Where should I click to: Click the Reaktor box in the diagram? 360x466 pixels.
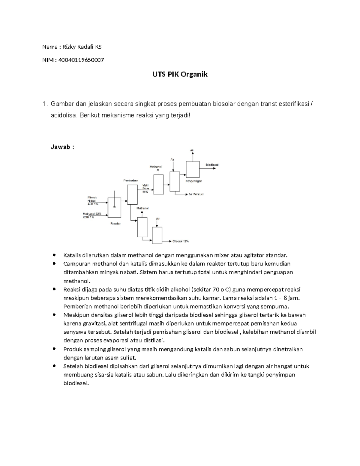pyautogui.click(x=114, y=207)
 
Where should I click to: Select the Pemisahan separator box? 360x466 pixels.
pyautogui.click(x=132, y=194)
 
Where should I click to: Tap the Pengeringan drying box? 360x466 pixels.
pyautogui.click(x=193, y=169)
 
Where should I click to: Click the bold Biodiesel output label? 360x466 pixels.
pyautogui.click(x=212, y=165)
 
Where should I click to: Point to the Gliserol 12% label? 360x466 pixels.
pyautogui.click(x=181, y=241)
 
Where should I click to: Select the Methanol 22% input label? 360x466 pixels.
pyautogui.click(x=92, y=214)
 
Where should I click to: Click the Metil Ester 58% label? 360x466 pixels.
pyautogui.click(x=145, y=189)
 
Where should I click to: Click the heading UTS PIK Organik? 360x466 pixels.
pyautogui.click(x=180, y=74)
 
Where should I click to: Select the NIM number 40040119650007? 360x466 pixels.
pyautogui.click(x=81, y=60)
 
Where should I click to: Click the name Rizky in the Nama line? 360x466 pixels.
pyautogui.click(x=73, y=47)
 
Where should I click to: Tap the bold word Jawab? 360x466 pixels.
pyautogui.click(x=60, y=147)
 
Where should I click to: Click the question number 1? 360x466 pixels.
pyautogui.click(x=44, y=104)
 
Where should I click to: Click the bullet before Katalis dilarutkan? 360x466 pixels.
pyautogui.click(x=54, y=255)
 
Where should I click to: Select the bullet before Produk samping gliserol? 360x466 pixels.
pyautogui.click(x=54, y=349)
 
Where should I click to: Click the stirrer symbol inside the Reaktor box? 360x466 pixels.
pyautogui.click(x=114, y=206)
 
